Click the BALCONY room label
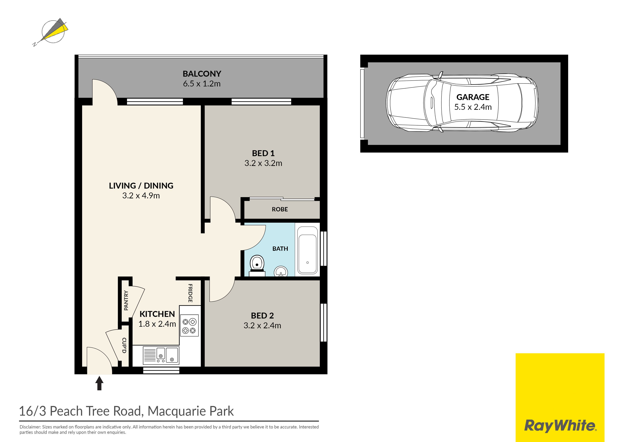[x=202, y=74]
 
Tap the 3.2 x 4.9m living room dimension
[x=141, y=196]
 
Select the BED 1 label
[x=263, y=153]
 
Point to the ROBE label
[x=280, y=209]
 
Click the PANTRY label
[x=126, y=300]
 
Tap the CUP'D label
[x=124, y=345]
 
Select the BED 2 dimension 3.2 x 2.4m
[x=262, y=325]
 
